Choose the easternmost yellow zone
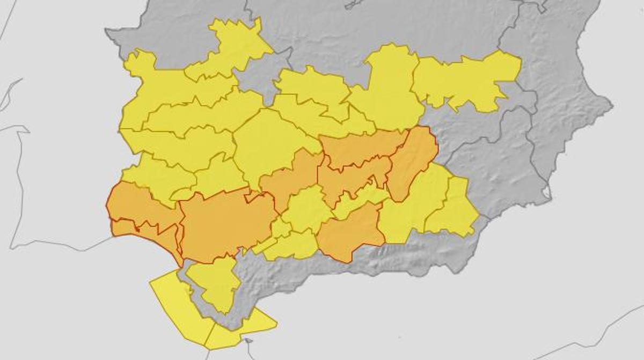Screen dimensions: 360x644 pyautogui.click(x=467, y=80)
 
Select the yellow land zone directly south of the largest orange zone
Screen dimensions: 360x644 pyautogui.click(x=215, y=282)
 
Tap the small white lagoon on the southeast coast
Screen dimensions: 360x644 pyautogui.click(x=546, y=192)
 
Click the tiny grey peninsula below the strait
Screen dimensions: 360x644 pyautogui.click(x=248, y=340)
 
